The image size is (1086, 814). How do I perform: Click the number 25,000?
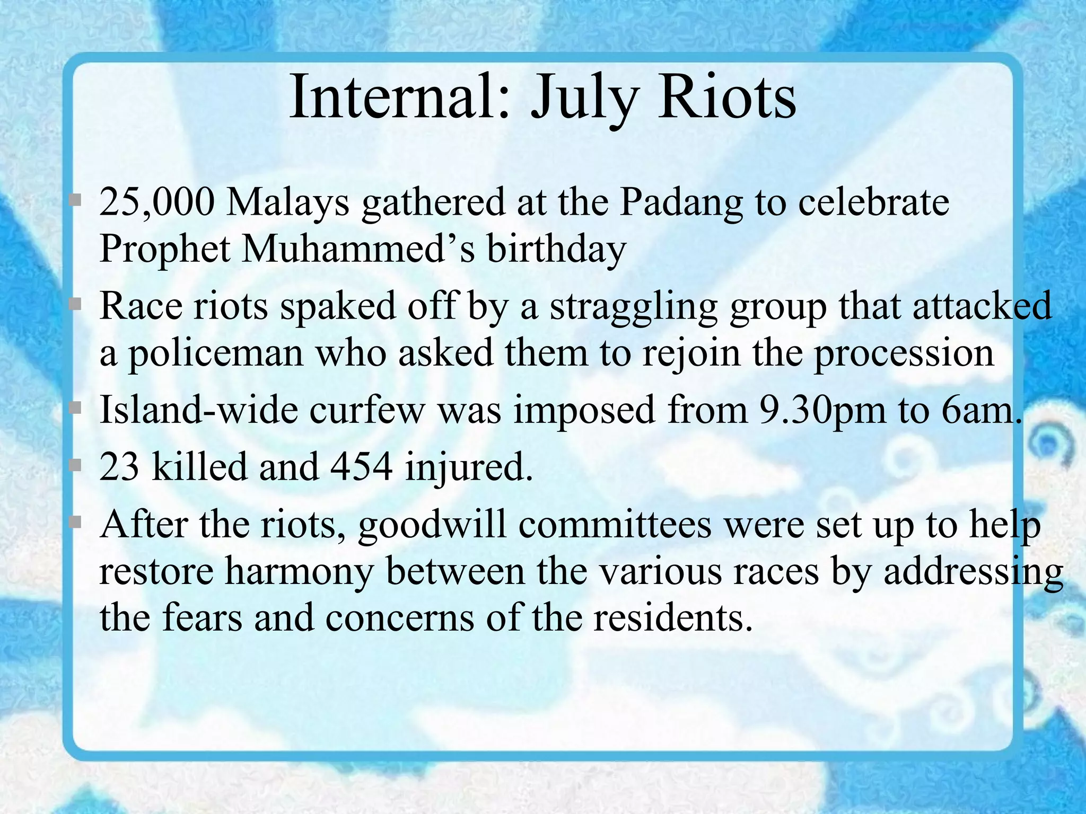click(x=157, y=203)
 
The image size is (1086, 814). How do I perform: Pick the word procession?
click(x=904, y=354)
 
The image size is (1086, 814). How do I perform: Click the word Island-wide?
click(x=198, y=410)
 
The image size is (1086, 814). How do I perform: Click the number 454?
click(x=361, y=467)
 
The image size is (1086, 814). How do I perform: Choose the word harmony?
click(x=299, y=572)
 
